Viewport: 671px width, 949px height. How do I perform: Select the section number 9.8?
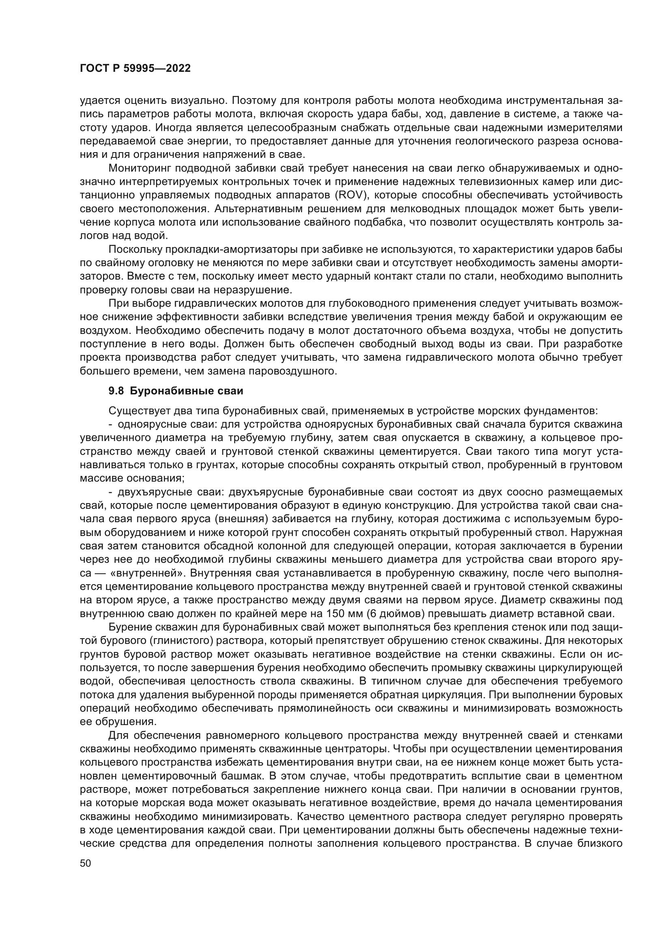click(116, 391)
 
